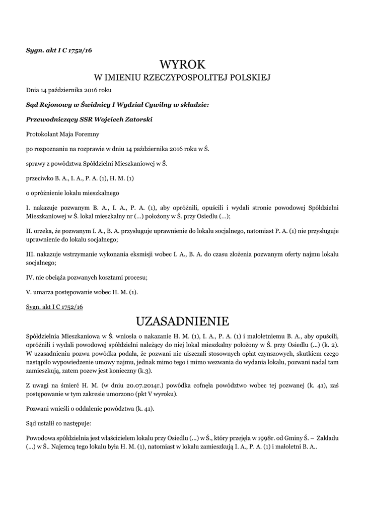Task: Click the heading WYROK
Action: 183,64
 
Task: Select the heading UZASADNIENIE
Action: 183,321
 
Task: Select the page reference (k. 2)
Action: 330,344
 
